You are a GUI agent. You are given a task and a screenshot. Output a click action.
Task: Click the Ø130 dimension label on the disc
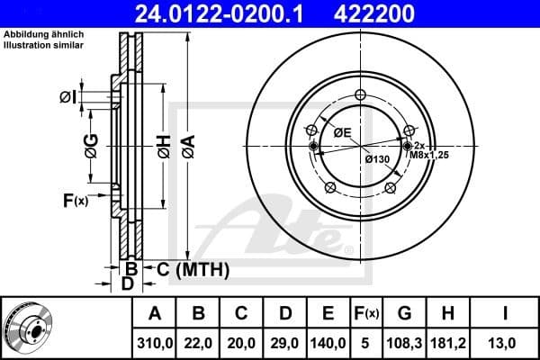[x=376, y=159]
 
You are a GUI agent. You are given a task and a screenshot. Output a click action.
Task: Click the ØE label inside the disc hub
[x=342, y=132]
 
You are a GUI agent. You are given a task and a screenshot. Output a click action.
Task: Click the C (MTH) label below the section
[x=193, y=269]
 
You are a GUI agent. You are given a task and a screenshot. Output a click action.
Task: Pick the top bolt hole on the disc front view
[x=360, y=95]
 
